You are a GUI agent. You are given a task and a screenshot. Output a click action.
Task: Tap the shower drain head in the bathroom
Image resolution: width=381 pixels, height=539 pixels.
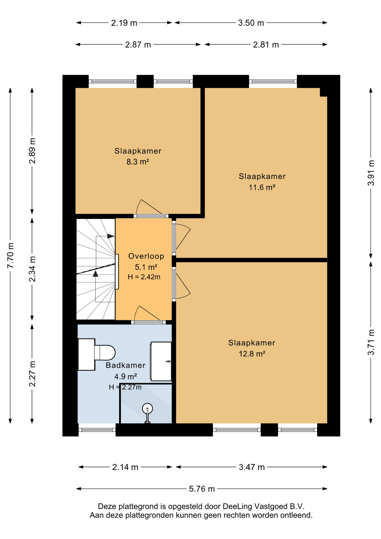click(147, 408)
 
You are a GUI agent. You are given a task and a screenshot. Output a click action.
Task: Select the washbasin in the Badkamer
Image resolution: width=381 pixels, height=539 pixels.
click(161, 361)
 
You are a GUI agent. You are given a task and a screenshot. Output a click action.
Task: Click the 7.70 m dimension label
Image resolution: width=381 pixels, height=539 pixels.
click(10, 255)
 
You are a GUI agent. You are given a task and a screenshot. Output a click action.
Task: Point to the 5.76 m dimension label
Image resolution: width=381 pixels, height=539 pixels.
click(202, 489)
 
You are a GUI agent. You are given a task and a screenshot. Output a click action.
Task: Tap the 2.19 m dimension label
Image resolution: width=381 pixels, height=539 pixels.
click(124, 23)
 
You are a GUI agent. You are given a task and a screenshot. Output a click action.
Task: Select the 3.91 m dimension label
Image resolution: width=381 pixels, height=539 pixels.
click(371, 173)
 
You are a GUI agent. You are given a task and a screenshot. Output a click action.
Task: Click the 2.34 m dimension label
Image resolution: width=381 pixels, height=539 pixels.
click(32, 269)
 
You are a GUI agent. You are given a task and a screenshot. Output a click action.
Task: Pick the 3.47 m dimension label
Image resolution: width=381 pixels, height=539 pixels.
click(252, 467)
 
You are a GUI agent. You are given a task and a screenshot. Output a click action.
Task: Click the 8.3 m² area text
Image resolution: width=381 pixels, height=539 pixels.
click(137, 162)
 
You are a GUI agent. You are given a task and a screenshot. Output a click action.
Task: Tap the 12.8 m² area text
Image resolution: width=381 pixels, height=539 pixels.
click(252, 353)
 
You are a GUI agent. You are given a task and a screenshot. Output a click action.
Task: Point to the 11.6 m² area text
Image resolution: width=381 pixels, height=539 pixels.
click(262, 187)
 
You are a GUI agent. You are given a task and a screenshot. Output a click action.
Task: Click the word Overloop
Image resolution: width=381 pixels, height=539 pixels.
click(146, 256)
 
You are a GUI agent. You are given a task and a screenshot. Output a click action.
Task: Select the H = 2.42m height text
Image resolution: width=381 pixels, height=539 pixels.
click(144, 277)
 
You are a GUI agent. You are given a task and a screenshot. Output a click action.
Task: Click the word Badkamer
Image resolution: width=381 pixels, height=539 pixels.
click(125, 365)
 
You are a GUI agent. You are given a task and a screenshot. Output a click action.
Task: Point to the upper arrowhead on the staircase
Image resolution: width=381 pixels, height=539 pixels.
click(111, 236)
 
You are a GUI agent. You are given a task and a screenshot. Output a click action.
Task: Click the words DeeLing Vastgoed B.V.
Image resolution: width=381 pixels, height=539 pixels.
click(263, 506)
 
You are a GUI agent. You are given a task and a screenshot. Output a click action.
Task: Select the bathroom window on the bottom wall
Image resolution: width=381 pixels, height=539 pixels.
click(97, 430)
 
